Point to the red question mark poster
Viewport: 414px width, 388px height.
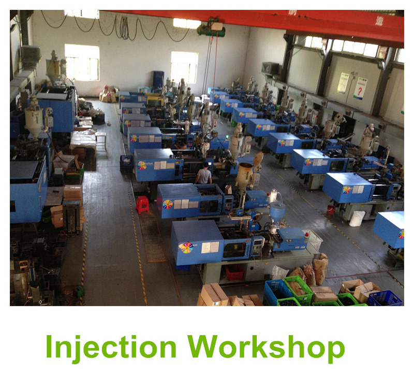[x=360, y=89]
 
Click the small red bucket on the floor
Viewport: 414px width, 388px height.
[x=331, y=210]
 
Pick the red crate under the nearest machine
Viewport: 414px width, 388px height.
[x=234, y=272]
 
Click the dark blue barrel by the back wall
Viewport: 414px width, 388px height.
[x=158, y=80]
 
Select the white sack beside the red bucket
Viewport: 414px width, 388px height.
[x=357, y=218]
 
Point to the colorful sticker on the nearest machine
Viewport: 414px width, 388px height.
[x=187, y=248]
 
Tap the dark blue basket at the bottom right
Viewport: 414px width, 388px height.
[x=385, y=298]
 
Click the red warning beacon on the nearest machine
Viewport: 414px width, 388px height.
[x=307, y=235]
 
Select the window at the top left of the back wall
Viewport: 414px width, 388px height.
[x=82, y=62]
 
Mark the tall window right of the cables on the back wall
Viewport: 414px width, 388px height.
[x=184, y=67]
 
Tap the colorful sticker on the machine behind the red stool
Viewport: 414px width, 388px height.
[x=167, y=204]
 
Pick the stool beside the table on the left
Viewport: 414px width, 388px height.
[x=101, y=140]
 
